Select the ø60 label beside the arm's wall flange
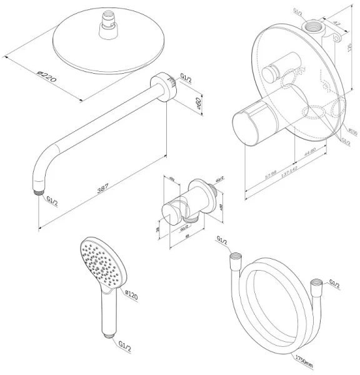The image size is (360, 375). (x=196, y=104)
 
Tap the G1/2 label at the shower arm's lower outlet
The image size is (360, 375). (x=53, y=200)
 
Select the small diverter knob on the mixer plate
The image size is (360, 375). (x=272, y=74)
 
